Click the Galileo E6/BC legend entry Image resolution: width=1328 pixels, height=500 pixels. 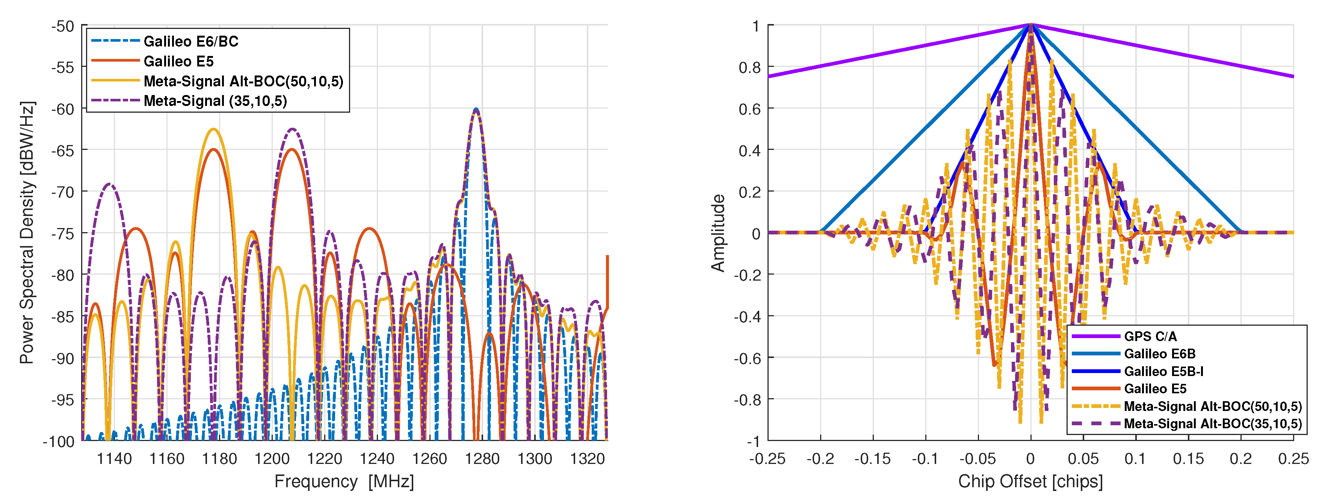pos(191,41)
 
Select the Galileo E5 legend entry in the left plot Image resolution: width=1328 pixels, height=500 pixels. pos(178,61)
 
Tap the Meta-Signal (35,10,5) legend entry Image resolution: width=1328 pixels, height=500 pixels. pos(215,101)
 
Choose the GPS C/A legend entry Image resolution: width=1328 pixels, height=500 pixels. pos(1150,337)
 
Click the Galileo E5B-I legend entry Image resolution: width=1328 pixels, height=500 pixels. pos(1163,371)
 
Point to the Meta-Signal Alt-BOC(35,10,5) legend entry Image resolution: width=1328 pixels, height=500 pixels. pos(1213,424)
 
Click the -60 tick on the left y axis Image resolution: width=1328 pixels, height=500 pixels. pos(62,109)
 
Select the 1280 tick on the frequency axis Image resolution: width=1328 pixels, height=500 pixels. pos(482,458)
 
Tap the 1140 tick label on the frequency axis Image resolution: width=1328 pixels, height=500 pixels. pos(115,458)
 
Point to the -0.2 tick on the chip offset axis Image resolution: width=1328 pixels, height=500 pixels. pos(820,458)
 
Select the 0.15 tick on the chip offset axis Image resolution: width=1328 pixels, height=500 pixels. pos(1188,458)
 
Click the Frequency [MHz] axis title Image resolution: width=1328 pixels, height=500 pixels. pos(344,482)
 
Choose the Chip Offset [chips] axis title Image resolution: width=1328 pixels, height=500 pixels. pos(1030,482)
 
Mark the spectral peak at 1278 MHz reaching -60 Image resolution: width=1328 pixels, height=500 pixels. pos(476,109)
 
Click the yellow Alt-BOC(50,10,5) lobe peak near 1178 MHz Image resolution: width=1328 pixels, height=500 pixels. pos(213,129)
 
